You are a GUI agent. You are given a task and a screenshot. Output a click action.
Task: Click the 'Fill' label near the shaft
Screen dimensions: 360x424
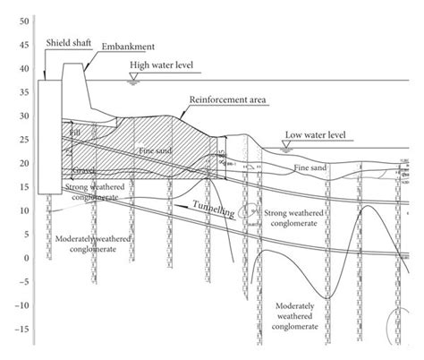(72, 133)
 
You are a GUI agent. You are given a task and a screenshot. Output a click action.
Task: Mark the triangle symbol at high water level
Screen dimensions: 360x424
(133, 79)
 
